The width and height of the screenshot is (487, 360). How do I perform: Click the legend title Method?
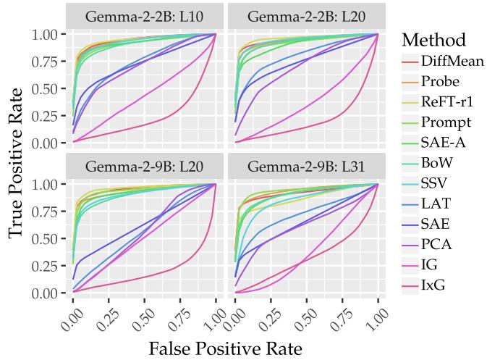coord(433,38)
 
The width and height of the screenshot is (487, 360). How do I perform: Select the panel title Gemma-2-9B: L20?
coord(145,167)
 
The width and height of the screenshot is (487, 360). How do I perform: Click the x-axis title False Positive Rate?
coord(225,348)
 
